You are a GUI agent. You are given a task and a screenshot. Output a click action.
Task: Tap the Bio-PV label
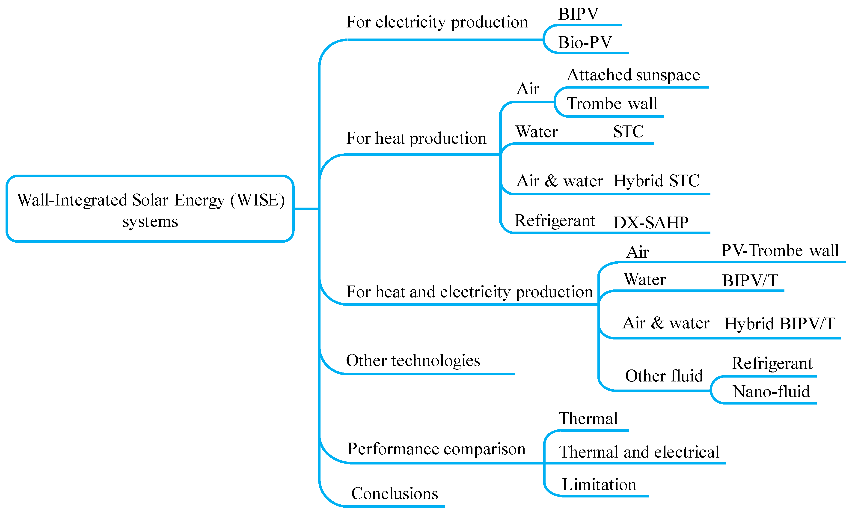[585, 42]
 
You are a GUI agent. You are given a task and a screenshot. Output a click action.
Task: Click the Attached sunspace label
[633, 75]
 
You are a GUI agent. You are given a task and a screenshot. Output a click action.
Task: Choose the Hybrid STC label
[656, 181]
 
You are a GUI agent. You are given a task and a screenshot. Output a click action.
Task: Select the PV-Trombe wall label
[780, 251]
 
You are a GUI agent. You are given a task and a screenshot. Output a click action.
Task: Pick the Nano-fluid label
[771, 392]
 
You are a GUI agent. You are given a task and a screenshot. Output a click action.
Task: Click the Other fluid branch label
[664, 376]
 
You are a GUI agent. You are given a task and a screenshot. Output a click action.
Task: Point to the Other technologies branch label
[413, 361]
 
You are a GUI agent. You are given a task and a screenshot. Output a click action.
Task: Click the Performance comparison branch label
[436, 449]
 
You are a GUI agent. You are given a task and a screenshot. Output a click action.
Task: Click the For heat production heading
[416, 138]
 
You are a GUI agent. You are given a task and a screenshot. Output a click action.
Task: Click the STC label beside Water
[628, 132]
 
